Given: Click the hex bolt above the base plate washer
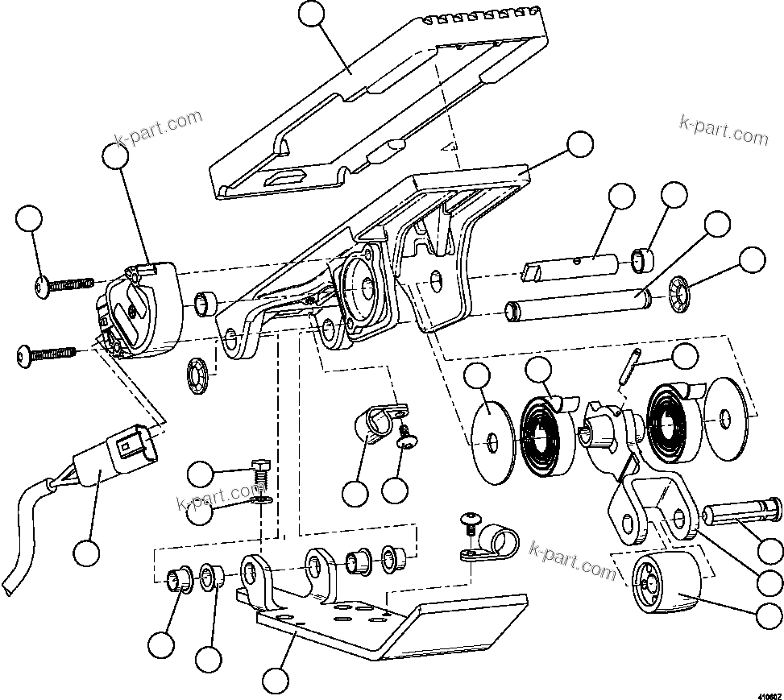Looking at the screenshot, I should coord(259,470).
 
